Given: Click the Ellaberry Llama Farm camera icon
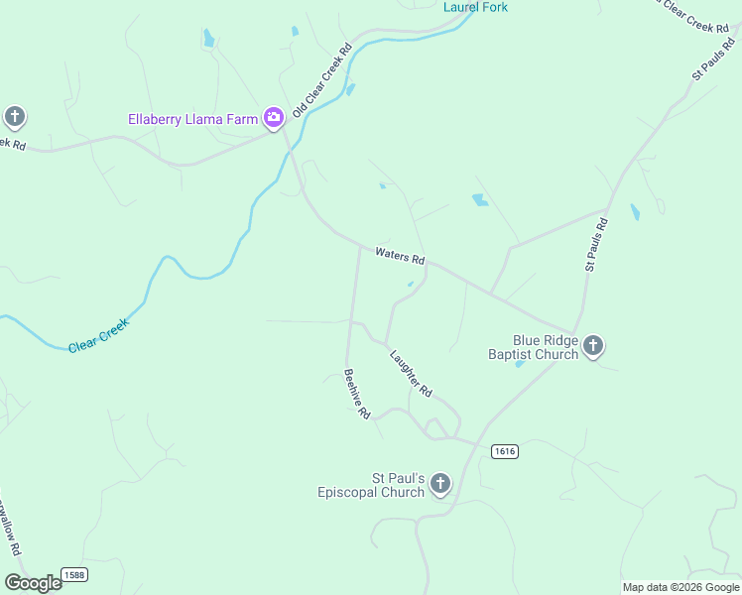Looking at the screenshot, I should tap(274, 118).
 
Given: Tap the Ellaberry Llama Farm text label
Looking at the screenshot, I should tap(193, 119).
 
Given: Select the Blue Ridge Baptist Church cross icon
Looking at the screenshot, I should tap(593, 346).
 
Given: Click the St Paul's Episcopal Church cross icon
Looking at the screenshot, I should tap(440, 484).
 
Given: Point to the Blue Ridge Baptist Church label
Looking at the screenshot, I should tap(533, 346).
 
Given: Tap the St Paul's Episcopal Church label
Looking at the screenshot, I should tap(371, 485).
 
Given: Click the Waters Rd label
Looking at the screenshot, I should tap(400, 255).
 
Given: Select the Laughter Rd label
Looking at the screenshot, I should tap(411, 374).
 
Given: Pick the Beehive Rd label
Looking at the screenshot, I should tap(356, 394).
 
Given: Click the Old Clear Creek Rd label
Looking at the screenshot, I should tap(322, 78).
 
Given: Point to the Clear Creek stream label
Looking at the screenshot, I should tap(98, 338).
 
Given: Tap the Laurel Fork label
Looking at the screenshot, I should tap(475, 7).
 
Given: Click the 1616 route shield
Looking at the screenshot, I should tap(504, 451).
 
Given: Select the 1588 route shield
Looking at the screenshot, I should tap(73, 574).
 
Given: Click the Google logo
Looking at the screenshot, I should tap(34, 583).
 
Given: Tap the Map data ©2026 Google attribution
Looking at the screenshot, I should tap(680, 587).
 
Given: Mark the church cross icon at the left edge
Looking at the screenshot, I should tap(14, 117).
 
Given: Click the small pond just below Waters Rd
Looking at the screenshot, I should tap(410, 284).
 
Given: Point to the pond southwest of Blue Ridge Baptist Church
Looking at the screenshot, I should tap(520, 363).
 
